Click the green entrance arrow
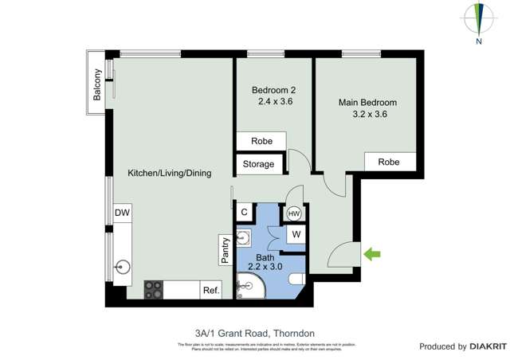[x=372, y=255]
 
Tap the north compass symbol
[x=479, y=20]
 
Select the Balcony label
[x=97, y=84]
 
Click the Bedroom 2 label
[x=274, y=90]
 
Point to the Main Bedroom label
[x=367, y=103]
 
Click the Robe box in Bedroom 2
[x=261, y=141]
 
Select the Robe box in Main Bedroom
[x=389, y=162]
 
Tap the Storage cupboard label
[x=258, y=165]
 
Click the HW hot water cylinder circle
[x=294, y=213]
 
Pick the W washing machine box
[x=295, y=234]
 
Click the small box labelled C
[x=245, y=213]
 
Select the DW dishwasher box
[x=121, y=213]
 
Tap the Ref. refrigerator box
[x=210, y=291]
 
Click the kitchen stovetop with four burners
[x=153, y=290]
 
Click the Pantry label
[x=225, y=249]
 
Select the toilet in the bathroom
[x=294, y=279]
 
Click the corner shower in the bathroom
[x=249, y=289]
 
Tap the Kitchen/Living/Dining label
[x=170, y=173]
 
